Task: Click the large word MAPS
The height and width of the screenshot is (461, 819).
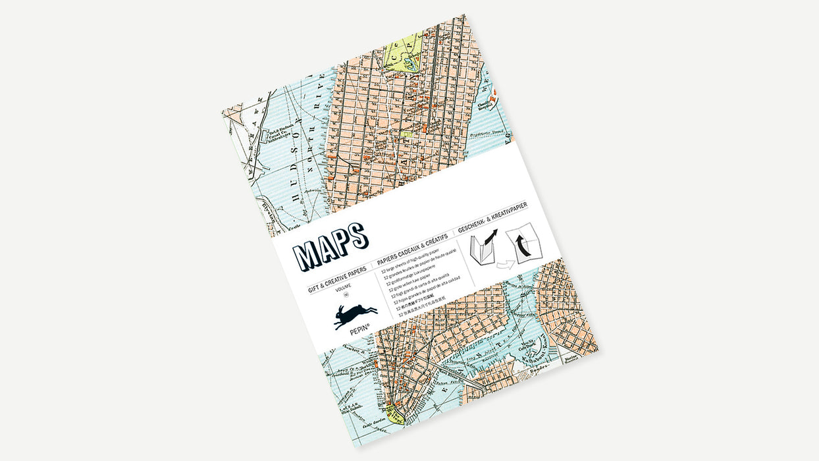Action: pyautogui.click(x=330, y=246)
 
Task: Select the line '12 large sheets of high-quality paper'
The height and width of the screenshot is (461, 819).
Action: pyautogui.click(x=415, y=261)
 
